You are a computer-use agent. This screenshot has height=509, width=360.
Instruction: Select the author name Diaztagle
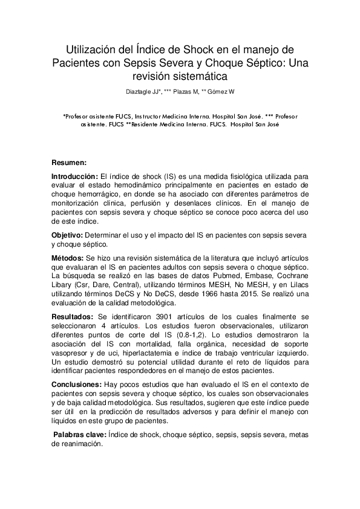[x=139, y=92]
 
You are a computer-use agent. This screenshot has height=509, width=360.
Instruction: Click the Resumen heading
[x=69, y=163]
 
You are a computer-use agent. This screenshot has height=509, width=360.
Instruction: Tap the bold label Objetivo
[x=67, y=234]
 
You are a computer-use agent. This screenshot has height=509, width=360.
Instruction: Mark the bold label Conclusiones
[x=76, y=384]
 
